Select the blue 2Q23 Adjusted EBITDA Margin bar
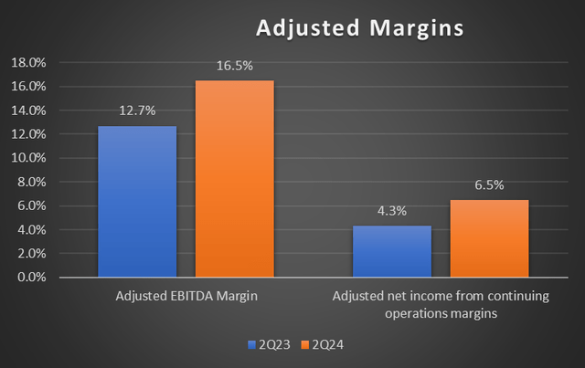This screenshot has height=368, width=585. (x=137, y=201)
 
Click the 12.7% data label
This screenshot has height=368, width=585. (x=137, y=110)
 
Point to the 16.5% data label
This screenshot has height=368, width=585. (x=234, y=66)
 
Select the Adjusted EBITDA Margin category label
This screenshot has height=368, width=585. (x=186, y=296)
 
